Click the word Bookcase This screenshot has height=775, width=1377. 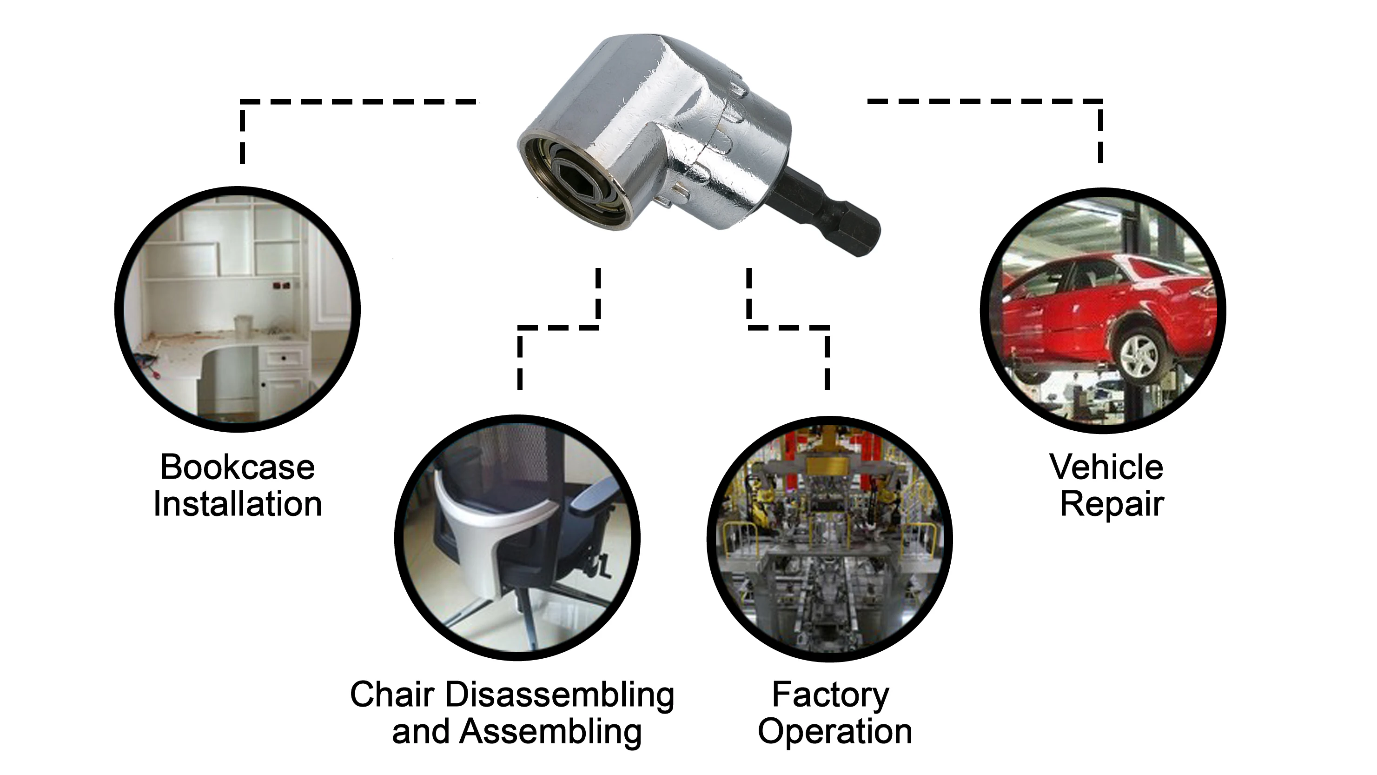coord(238,468)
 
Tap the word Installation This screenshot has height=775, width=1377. coord(238,504)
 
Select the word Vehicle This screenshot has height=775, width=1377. coord(1106,468)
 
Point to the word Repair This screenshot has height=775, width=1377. coord(1112,504)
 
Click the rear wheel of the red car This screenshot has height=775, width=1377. coord(1139,356)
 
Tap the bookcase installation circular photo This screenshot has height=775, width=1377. coord(238,309)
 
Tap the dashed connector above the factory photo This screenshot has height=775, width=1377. coord(788,327)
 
